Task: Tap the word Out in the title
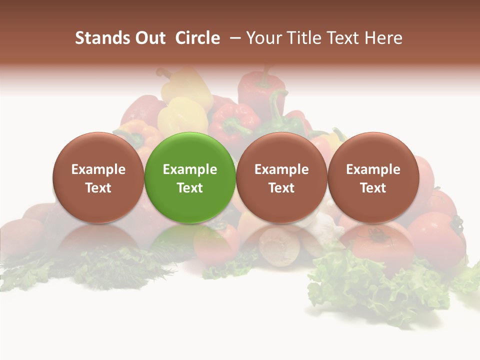tap(149, 38)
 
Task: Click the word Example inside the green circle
tap(190, 169)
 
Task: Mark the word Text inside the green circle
tap(190, 188)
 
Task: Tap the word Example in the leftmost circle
tap(98, 169)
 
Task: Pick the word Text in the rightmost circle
tap(373, 188)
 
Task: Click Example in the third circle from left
tap(281, 169)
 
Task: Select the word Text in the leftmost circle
tap(98, 188)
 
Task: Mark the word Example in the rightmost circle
tap(373, 169)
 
